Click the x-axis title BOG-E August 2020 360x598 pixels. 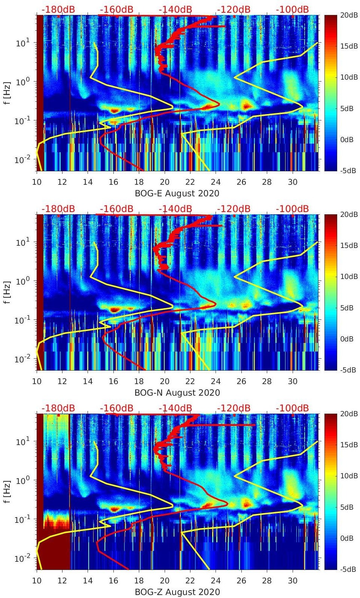coord(177,193)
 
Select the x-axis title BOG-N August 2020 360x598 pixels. coord(177,393)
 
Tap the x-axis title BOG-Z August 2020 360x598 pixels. coord(177,592)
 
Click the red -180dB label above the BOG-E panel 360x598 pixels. coord(58,9)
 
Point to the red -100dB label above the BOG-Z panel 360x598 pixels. coord(292,408)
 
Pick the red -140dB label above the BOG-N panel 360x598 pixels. coord(175,209)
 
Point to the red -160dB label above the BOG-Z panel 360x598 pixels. coord(116,408)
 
